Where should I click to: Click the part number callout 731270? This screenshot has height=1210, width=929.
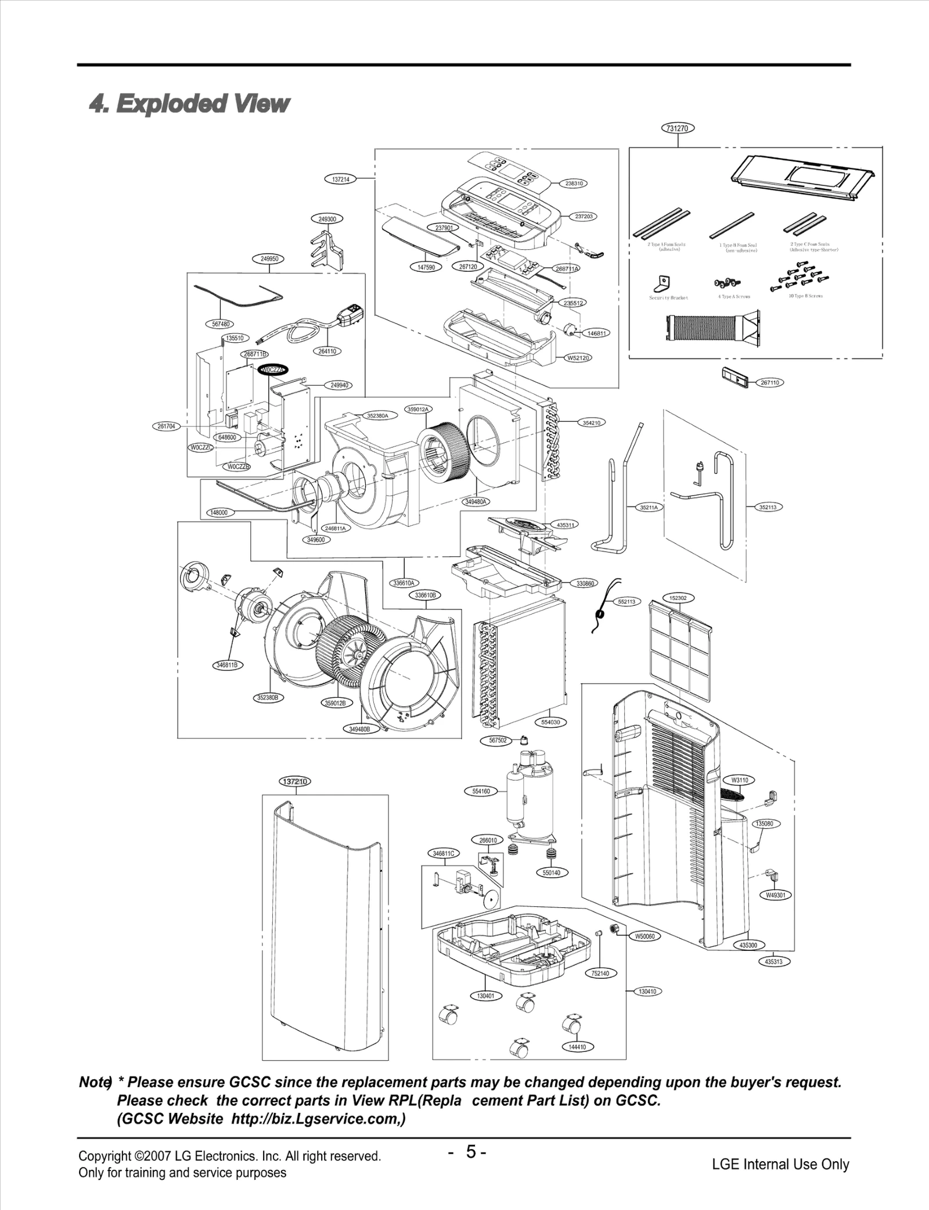[x=678, y=128]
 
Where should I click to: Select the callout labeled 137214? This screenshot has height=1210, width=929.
[x=340, y=179]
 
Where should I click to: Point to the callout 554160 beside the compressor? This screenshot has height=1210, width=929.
[x=481, y=791]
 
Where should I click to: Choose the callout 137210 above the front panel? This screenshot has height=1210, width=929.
[x=295, y=781]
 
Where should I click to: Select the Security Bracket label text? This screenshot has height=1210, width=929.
[x=668, y=297]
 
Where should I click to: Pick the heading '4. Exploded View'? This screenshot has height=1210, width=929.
[x=189, y=104]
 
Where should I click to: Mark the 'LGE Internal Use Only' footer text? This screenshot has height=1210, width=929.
[x=780, y=1164]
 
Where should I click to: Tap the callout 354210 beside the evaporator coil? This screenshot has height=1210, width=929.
[x=591, y=423]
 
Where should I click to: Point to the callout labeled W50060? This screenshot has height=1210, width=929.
[x=644, y=936]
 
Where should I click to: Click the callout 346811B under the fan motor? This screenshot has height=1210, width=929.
[x=227, y=665]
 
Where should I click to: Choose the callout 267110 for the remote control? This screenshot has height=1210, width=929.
[x=770, y=383]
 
